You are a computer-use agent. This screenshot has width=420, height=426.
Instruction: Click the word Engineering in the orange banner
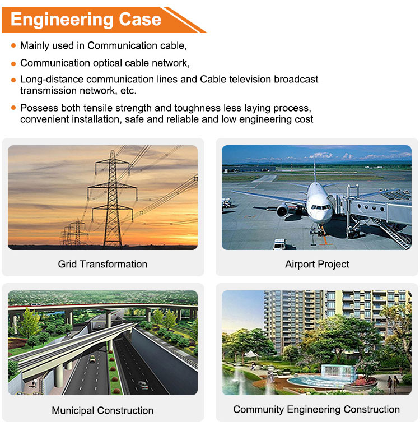pyautogui.click(x=62, y=20)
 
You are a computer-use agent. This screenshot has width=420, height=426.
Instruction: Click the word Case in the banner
pyautogui.click(x=140, y=19)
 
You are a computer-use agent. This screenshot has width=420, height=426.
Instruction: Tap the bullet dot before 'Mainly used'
pyautogui.click(x=13, y=45)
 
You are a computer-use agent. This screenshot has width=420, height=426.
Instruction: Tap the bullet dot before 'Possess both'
pyautogui.click(x=13, y=108)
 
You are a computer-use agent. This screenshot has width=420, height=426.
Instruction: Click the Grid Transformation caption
pyautogui.click(x=102, y=264)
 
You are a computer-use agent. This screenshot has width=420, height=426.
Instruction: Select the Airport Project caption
pyautogui.click(x=317, y=264)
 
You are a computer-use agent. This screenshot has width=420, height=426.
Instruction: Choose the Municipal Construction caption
pyautogui.click(x=102, y=410)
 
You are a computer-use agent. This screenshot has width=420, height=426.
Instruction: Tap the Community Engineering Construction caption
pyautogui.click(x=316, y=409)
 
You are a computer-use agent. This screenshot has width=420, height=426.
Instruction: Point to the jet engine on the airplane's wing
pyautogui.click(x=283, y=211)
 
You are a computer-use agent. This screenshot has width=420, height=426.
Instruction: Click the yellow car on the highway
pyautogui.click(x=92, y=359)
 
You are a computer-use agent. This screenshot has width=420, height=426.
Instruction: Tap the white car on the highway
pyautogui.click(x=143, y=385)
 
